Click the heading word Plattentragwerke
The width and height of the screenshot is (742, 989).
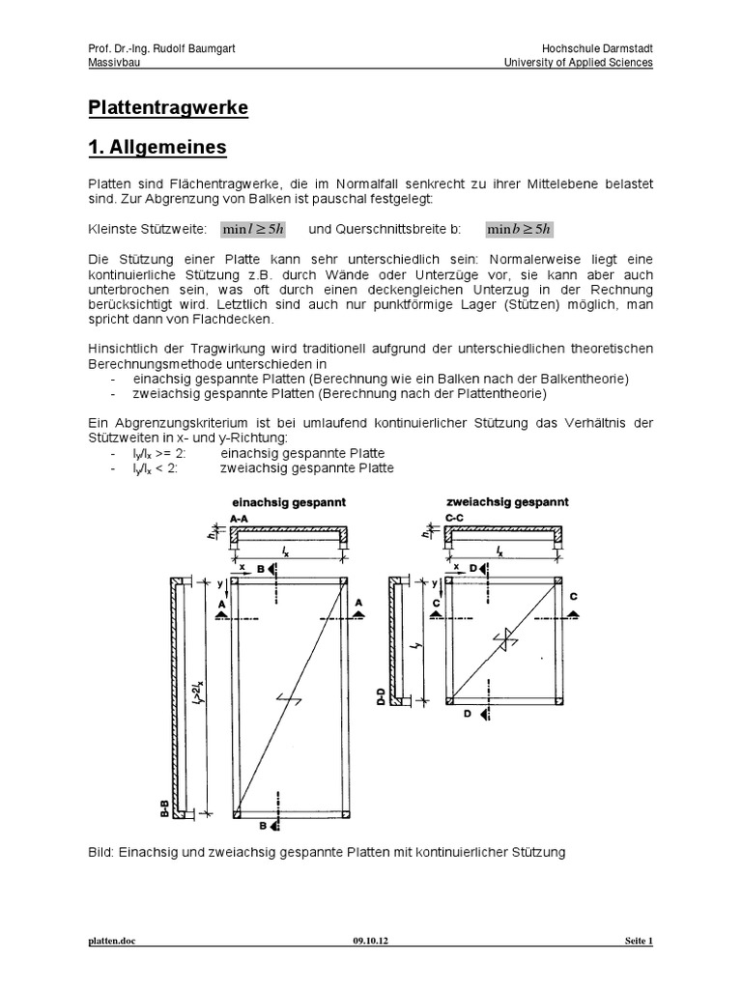(168, 108)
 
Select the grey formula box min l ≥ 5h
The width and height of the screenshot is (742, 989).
(252, 229)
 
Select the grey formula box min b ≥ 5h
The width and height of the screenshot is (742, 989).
(519, 229)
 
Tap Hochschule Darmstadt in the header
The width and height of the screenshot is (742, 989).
(599, 48)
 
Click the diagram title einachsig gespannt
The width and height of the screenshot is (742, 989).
(289, 502)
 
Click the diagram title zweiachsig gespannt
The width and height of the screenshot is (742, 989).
(506, 502)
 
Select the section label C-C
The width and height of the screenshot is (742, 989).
(456, 519)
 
